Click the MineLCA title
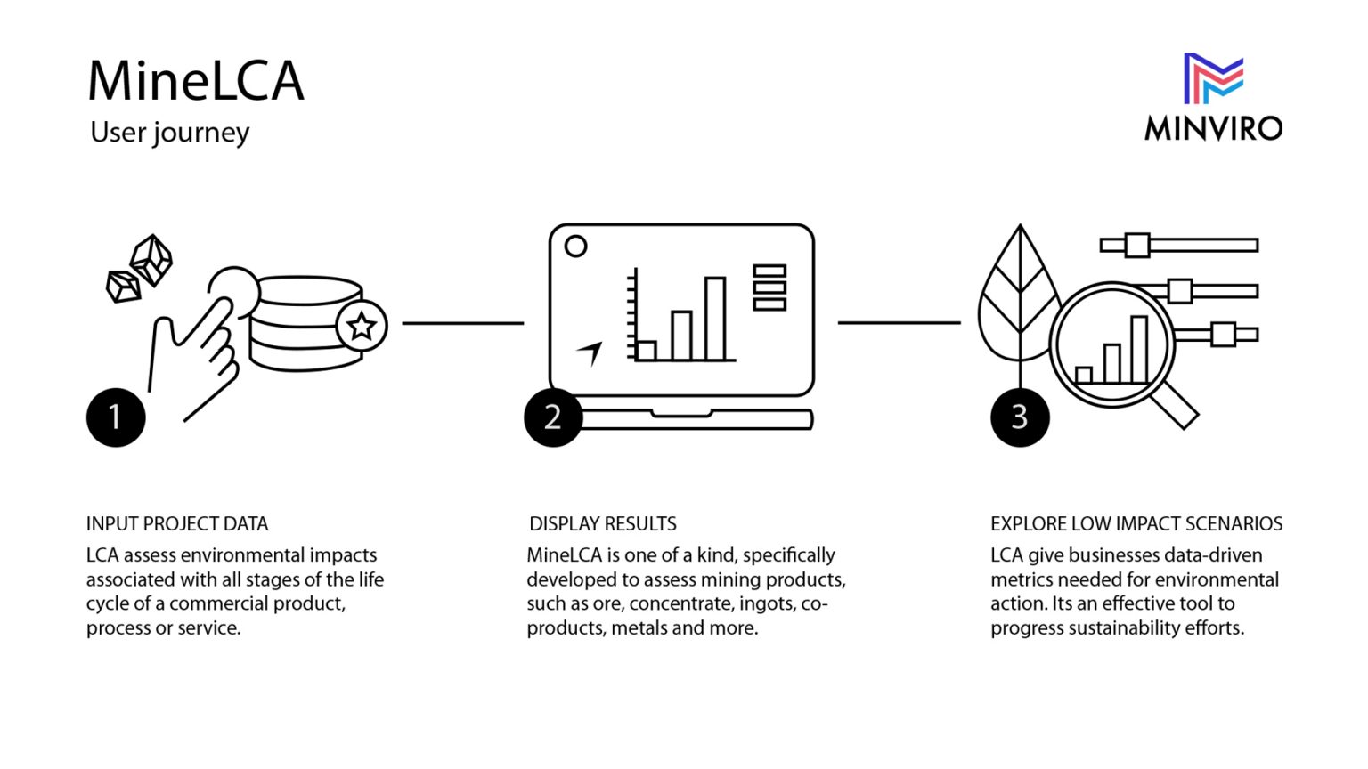[x=196, y=80]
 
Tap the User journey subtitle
[x=169, y=133]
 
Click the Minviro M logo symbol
[x=1213, y=77]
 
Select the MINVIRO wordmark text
[x=1213, y=128]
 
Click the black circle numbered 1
[x=116, y=417]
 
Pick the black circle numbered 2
[x=553, y=417]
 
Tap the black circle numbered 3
[x=1020, y=417]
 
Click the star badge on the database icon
[x=362, y=327]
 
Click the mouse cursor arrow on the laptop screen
[x=590, y=352]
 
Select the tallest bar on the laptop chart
[x=715, y=318]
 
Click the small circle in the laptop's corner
[x=576, y=247]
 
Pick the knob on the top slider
[x=1137, y=245]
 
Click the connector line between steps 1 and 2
[x=462, y=323]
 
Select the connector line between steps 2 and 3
[x=899, y=322]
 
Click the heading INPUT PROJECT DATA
[x=177, y=523]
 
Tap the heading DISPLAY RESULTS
[x=603, y=523]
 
